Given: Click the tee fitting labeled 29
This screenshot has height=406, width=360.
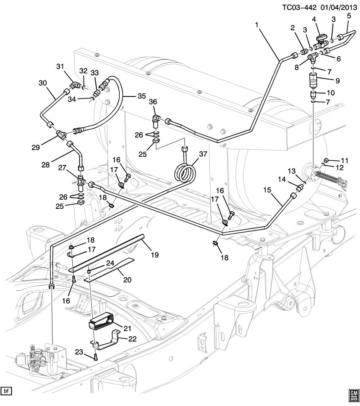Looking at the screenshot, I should [x=62, y=135].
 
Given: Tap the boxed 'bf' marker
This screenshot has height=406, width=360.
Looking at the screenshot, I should [x=6, y=390].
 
